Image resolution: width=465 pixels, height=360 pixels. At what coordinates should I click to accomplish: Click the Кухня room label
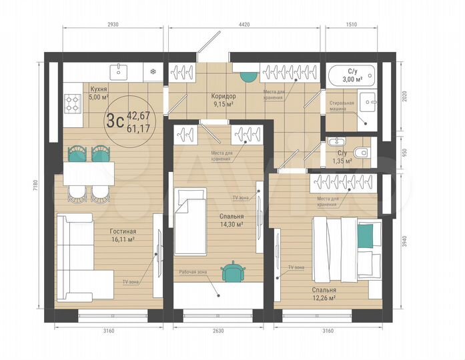click(x=98, y=88)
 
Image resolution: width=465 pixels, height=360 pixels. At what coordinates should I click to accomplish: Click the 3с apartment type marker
click(x=114, y=120)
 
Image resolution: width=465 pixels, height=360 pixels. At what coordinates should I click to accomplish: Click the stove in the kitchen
click(x=71, y=102)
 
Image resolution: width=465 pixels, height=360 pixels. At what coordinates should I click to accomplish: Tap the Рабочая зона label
click(x=193, y=272)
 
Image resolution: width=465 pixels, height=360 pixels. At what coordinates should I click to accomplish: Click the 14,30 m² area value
click(x=230, y=225)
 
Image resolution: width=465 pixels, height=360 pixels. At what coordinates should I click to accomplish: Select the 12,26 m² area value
click(x=323, y=298)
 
